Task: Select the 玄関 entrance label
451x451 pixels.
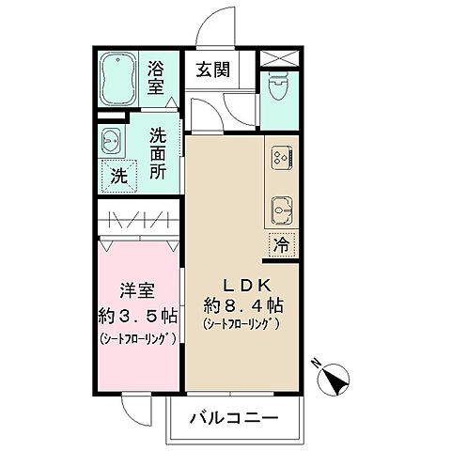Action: tap(211, 69)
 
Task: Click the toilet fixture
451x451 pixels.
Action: tap(277, 88)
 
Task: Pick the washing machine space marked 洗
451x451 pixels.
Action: tap(119, 174)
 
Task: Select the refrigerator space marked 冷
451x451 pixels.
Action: tap(281, 243)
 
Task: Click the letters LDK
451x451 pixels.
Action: tap(246, 285)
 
